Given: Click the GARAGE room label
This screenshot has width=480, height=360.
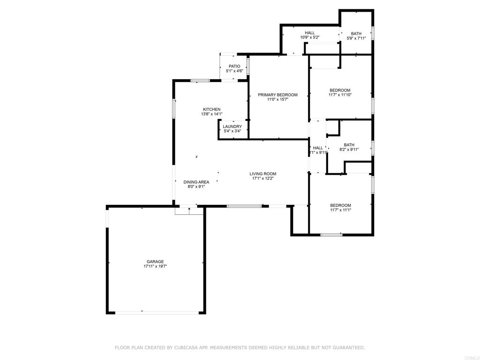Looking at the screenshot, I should pyautogui.click(x=155, y=262).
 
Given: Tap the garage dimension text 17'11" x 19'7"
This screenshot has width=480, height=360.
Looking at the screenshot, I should pyautogui.click(x=155, y=266).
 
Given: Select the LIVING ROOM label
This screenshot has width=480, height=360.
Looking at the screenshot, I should pyautogui.click(x=262, y=174).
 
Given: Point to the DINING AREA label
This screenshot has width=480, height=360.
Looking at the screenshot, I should pyautogui.click(x=196, y=182).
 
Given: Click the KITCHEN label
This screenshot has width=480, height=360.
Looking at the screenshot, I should pyautogui.click(x=211, y=109).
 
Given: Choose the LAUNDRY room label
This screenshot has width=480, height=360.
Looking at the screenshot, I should pyautogui.click(x=232, y=127).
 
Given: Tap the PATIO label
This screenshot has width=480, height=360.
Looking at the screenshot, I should pyautogui.click(x=234, y=66).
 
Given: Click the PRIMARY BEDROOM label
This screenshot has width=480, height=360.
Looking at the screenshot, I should pyautogui.click(x=277, y=95).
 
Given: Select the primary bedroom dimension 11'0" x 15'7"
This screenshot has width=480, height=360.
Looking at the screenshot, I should pyautogui.click(x=277, y=99).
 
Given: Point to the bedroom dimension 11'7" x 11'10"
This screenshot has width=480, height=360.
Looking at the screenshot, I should pyautogui.click(x=340, y=95).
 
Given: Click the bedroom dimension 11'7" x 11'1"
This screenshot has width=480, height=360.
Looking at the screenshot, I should pyautogui.click(x=340, y=210).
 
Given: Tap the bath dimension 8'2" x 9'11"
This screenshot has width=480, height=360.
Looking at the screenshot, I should pyautogui.click(x=349, y=150).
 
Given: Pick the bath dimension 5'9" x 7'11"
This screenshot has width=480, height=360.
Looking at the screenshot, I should pyautogui.click(x=356, y=38).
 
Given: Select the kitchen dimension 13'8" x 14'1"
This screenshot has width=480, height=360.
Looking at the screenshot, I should pyautogui.click(x=211, y=114).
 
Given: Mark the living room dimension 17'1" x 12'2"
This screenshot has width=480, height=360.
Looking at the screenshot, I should pyautogui.click(x=262, y=178).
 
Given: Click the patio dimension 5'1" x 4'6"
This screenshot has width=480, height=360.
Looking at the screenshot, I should pyautogui.click(x=234, y=71).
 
